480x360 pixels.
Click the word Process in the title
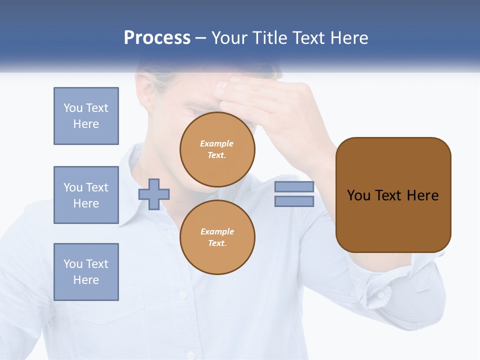click(157, 38)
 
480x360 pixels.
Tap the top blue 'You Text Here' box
click(86, 116)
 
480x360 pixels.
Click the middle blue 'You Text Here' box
click(86, 195)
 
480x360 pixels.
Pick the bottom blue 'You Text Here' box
click(86, 272)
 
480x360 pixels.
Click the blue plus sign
click(154, 194)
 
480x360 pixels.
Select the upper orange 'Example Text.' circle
click(217, 149)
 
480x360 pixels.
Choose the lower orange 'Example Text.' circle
click(217, 237)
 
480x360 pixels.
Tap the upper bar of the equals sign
click(294, 187)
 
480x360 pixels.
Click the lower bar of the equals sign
click(294, 201)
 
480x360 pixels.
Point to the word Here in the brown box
click(422, 195)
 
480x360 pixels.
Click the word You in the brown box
click(358, 195)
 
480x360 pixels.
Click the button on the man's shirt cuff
click(380, 295)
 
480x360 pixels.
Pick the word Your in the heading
click(229, 38)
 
